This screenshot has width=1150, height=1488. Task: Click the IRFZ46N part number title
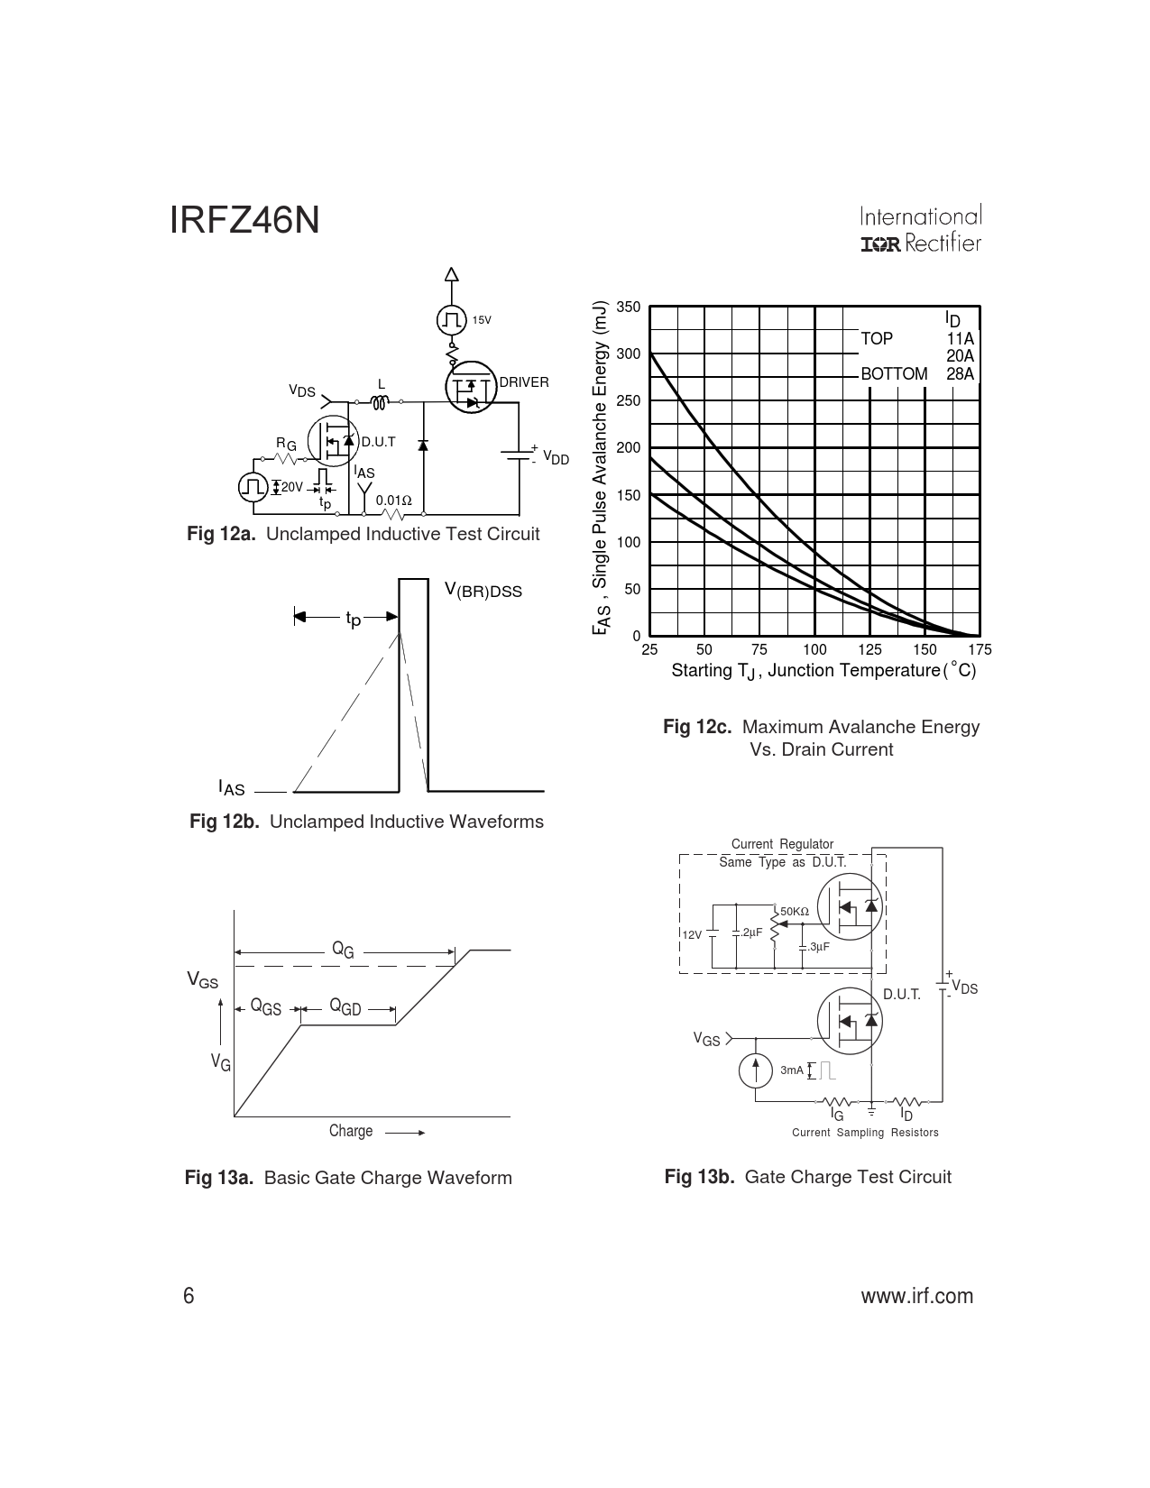pos(244,221)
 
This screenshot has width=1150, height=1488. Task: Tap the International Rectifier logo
pos(920,230)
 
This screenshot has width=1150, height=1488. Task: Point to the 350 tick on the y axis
pos(629,307)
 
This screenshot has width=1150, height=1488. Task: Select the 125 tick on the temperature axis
pos(869,650)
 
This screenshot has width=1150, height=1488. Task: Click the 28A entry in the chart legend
pos(961,373)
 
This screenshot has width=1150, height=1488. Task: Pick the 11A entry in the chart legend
pos(961,339)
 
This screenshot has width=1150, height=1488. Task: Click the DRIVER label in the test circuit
pos(524,382)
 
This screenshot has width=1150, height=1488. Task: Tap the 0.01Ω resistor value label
pos(393,500)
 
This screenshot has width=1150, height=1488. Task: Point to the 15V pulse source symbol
pos(450,319)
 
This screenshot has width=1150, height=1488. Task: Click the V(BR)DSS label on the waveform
pos(483,591)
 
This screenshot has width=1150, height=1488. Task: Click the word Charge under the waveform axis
pos(351,1131)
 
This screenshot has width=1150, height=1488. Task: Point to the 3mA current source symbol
pos(755,1070)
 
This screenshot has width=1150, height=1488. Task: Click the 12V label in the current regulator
pos(692,934)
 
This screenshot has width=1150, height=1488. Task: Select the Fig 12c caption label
pos(697,727)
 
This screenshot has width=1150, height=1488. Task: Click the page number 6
pos(189,1296)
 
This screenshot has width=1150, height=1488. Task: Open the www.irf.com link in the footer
pos(917,1296)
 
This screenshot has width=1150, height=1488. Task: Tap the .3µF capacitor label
pos(818,947)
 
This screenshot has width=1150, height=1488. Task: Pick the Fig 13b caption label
pos(699,1177)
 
